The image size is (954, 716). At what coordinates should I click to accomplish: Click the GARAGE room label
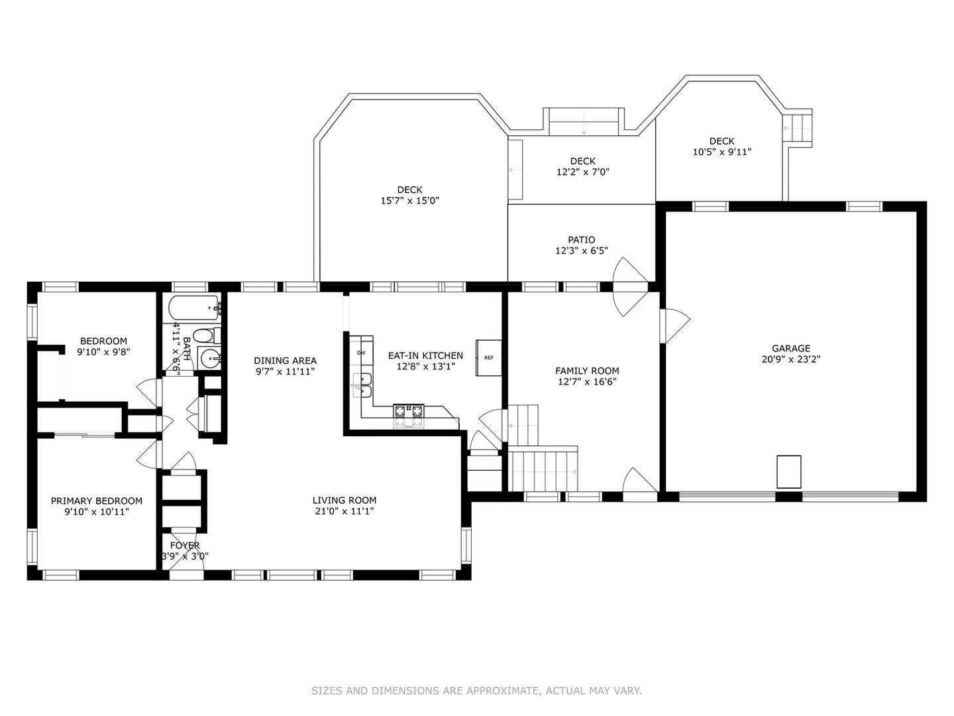[790, 348]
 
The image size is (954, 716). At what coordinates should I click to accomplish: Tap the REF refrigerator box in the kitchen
[489, 357]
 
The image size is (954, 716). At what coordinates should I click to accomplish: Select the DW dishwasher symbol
[362, 353]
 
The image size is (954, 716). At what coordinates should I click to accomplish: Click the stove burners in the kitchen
[409, 415]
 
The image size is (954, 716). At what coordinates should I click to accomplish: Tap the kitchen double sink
[362, 385]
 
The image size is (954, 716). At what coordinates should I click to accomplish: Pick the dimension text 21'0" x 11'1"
[344, 511]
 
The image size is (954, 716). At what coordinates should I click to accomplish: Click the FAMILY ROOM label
[587, 371]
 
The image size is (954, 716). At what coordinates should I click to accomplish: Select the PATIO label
[581, 239]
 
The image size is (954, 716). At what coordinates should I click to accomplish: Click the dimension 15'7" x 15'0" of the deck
[409, 200]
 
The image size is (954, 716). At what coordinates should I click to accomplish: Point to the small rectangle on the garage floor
[788, 471]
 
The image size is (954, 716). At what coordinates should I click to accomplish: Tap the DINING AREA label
[285, 361]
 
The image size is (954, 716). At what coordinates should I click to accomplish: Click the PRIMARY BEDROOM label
[97, 501]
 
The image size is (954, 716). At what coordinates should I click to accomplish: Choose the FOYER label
[185, 546]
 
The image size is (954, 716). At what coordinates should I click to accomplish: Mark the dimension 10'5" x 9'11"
[721, 152]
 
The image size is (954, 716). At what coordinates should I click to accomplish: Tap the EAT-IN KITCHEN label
[425, 355]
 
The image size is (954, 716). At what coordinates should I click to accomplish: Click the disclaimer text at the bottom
[476, 691]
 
